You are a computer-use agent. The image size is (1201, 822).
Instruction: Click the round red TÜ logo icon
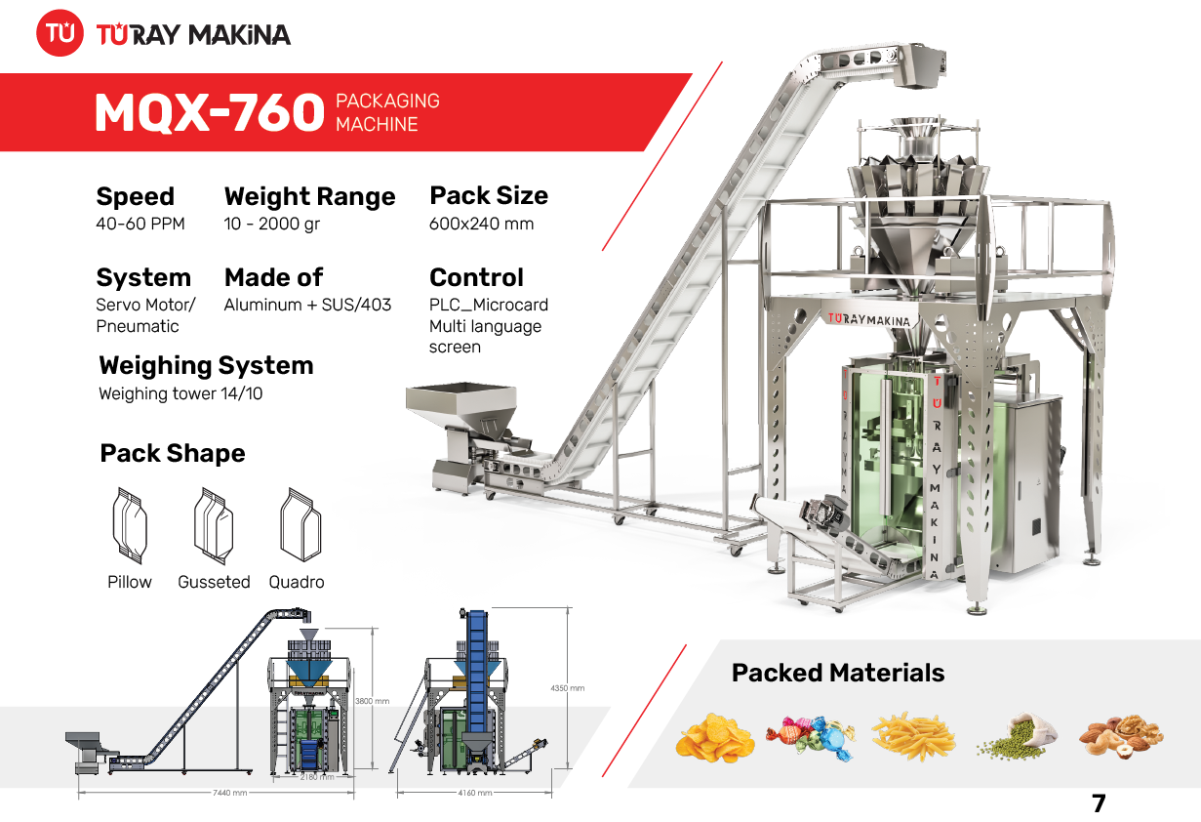point(60,34)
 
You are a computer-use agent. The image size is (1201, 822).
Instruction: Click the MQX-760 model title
point(209,113)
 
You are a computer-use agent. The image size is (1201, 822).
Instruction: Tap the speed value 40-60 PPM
point(140,224)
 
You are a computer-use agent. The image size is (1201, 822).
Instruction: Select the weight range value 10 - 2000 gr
point(271,224)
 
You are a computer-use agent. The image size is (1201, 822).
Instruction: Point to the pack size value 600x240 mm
point(481,224)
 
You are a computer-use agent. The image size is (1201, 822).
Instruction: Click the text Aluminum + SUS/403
point(307,305)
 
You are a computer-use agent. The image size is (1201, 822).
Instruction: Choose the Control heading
point(476,277)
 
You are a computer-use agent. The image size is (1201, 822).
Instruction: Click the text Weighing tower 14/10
point(180,394)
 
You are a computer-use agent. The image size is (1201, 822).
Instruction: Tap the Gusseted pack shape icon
point(213,525)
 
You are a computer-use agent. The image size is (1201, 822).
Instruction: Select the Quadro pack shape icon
point(300,525)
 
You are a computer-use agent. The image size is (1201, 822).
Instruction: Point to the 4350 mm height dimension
point(567,688)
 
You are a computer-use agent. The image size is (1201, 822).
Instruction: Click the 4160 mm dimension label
point(475,793)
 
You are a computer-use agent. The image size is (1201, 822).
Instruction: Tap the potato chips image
point(714,737)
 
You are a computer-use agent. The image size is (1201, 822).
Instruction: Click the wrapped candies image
point(810,737)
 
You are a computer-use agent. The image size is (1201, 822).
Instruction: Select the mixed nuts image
point(1120,737)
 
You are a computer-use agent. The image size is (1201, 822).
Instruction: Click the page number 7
point(1099,803)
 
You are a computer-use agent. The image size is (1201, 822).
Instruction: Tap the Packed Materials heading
point(837,673)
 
